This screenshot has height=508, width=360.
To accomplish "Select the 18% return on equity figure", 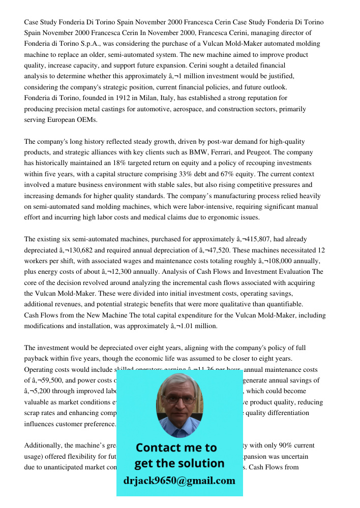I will click(x=132, y=163).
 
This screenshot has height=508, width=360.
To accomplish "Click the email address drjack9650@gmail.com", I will click(x=179, y=481).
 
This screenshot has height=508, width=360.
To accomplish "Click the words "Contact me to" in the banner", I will click(x=176, y=448).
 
